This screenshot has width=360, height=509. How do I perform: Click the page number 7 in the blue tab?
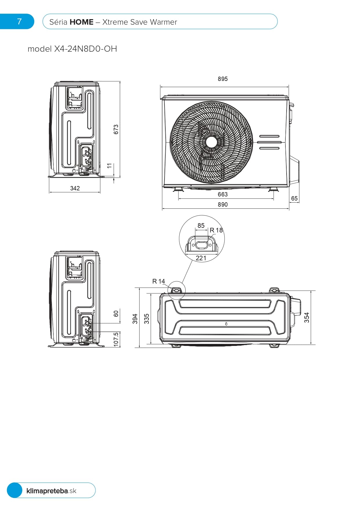tap(19, 21)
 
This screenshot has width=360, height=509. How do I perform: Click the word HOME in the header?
tap(82, 22)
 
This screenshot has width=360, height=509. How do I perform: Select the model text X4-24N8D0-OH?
tap(86, 49)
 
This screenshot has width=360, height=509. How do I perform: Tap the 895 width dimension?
tap(222, 79)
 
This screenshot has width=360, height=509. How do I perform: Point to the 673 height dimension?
tap(116, 129)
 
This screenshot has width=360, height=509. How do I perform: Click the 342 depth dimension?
tap(75, 188)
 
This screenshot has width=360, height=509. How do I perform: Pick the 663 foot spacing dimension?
tap(222, 194)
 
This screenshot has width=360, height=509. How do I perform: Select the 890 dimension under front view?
tap(222, 205)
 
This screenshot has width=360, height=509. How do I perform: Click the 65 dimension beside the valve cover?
tap(294, 198)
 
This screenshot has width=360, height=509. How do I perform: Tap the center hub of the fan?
tap(211, 142)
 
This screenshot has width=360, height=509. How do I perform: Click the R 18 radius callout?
tap(216, 230)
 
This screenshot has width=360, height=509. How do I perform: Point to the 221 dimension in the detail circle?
tap(201, 258)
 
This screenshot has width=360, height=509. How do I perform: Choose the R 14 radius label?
tap(158, 281)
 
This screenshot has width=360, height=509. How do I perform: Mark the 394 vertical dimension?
tap(135, 319)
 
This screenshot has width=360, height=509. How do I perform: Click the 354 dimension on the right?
tap(307, 317)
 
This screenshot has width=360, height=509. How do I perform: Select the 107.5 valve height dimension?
tap(116, 339)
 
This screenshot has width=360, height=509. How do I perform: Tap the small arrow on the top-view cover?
tap(226, 324)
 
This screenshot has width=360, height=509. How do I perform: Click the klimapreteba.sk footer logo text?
tap(51, 491)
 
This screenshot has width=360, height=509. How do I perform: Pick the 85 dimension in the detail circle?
tap(201, 225)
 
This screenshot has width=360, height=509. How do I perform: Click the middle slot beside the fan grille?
tap(269, 142)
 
